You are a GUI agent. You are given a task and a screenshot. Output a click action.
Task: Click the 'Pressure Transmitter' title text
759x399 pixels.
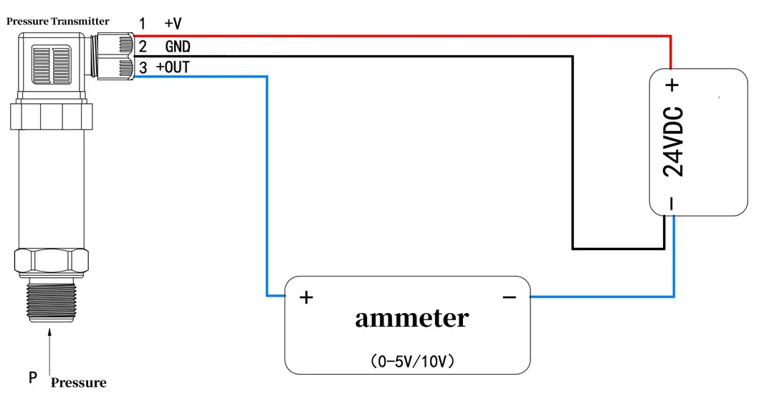pyautogui.click(x=58, y=21)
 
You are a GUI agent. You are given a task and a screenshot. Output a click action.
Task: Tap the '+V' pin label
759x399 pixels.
pyautogui.click(x=173, y=24)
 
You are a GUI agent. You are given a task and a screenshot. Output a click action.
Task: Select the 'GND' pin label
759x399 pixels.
pyautogui.click(x=177, y=47)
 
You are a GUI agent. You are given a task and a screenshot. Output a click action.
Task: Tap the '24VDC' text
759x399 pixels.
pyautogui.click(x=673, y=143)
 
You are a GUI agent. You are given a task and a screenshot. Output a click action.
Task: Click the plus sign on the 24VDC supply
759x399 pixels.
pyautogui.click(x=672, y=85)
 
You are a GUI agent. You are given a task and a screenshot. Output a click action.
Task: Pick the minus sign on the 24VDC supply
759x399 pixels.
pyautogui.click(x=672, y=204)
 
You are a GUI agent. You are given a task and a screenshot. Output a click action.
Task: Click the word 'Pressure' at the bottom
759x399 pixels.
pyautogui.click(x=78, y=382)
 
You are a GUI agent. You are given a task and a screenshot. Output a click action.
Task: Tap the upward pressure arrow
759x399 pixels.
pyautogui.click(x=49, y=351)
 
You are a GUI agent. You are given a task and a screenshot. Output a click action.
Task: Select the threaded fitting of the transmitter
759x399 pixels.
pyautogui.click(x=49, y=301)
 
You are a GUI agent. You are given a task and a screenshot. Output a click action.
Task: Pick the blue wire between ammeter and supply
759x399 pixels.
pyautogui.click(x=609, y=296)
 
